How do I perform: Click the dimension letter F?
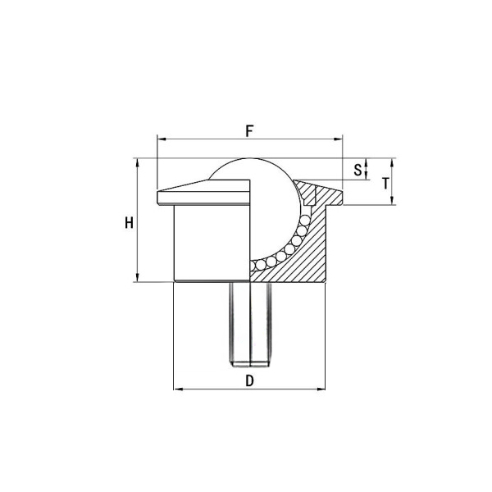[x=249, y=130]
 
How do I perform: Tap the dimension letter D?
[x=249, y=380]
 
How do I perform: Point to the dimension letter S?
[x=357, y=170]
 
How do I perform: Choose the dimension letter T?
[x=385, y=183]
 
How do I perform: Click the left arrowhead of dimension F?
[x=159, y=140]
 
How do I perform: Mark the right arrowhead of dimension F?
[x=340, y=140]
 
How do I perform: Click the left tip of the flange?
[x=157, y=197]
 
